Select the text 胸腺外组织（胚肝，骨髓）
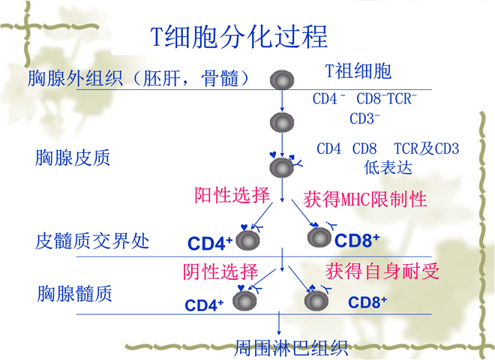pos(138,77)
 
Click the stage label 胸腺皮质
pos(73,157)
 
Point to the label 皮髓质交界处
pos(92,241)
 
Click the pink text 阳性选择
pos(232,196)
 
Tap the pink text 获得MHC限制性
pos(365,199)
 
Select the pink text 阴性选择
pos(220,271)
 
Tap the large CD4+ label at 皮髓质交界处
pos(210,243)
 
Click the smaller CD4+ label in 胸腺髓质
pos(205,305)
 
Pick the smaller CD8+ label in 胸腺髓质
pos(367,302)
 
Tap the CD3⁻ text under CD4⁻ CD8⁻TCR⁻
pos(365,118)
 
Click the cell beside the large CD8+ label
pos(319,238)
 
